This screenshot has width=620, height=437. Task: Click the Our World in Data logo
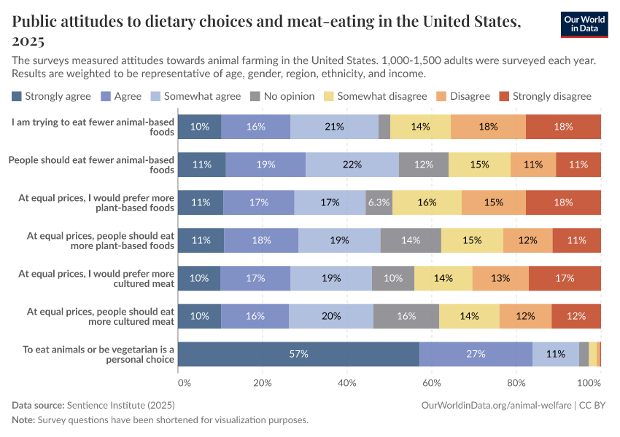click(x=584, y=25)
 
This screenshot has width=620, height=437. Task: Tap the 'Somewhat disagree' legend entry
click(x=375, y=96)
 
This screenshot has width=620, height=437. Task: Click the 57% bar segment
click(x=299, y=354)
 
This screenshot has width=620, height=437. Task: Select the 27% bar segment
click(x=476, y=354)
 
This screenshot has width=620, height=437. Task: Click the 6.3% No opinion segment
click(x=379, y=202)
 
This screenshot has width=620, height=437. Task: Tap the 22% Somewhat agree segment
click(x=352, y=165)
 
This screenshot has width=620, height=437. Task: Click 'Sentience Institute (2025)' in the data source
click(x=120, y=405)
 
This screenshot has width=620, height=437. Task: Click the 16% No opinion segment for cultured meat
click(x=406, y=316)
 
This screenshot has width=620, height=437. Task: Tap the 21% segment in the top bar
click(x=335, y=127)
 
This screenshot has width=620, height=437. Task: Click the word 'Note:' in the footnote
click(x=23, y=420)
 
